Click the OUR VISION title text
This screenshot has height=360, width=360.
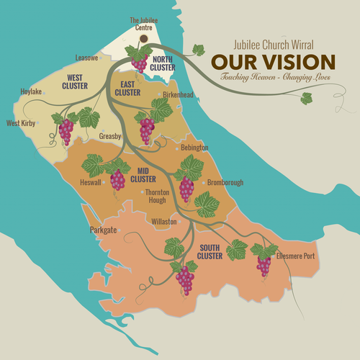click(273, 62)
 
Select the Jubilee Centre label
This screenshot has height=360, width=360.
click(143, 24)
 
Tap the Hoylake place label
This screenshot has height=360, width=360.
click(32, 93)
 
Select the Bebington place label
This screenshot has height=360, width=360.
click(195, 148)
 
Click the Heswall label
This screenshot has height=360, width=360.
click(91, 183)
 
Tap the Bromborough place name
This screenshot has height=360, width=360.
click(226, 183)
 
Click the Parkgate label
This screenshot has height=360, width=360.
click(103, 230)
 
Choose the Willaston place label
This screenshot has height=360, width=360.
click(164, 222)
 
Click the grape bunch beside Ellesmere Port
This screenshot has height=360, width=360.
click(264, 265)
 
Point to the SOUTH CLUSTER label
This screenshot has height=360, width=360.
click(210, 252)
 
